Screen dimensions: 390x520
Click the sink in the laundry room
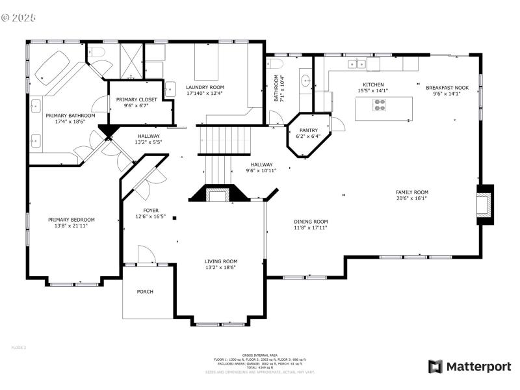[170, 89]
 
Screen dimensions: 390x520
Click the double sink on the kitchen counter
[356, 64]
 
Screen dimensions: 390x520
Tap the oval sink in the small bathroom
[305, 81]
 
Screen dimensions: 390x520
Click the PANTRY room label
[308, 130]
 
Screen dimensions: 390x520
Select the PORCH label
[145, 292]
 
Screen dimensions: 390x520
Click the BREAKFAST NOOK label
[447, 87]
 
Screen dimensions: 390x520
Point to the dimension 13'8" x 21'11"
[71, 226]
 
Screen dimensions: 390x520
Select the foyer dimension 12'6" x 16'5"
[150, 216]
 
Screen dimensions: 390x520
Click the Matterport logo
[469, 367]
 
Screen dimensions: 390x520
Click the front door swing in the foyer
[146, 255]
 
